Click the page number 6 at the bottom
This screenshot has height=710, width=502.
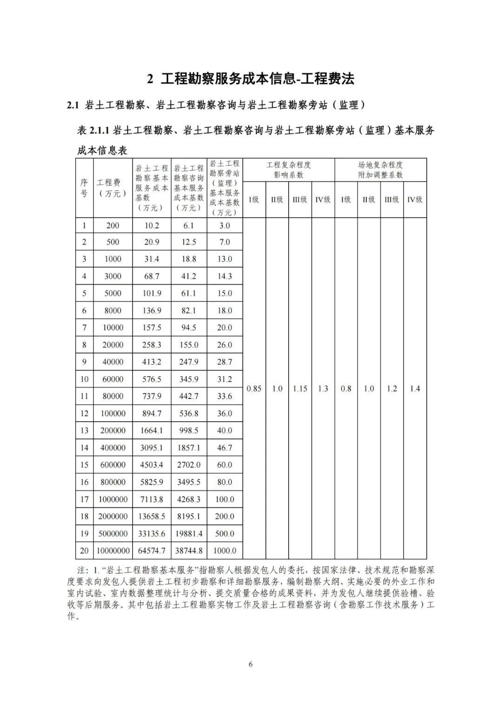pyautogui.click(x=251, y=664)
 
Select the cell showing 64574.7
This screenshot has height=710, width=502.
pyautogui.click(x=152, y=551)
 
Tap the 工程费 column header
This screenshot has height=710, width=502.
pyautogui.click(x=112, y=188)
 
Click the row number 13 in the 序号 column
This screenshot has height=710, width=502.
pyautogui.click(x=84, y=431)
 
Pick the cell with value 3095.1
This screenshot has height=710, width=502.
pyautogui.click(x=152, y=448)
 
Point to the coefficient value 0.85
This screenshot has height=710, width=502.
pyautogui.click(x=254, y=389)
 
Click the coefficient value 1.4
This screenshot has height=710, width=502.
pyautogui.click(x=415, y=389)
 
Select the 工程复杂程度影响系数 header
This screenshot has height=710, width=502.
pyautogui.click(x=288, y=170)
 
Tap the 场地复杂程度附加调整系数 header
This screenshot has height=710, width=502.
pyautogui.click(x=380, y=170)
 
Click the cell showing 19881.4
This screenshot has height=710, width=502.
pyautogui.click(x=189, y=534)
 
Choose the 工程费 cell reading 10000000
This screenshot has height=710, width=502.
pyautogui.click(x=113, y=551)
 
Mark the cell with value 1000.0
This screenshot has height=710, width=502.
pyautogui.click(x=225, y=551)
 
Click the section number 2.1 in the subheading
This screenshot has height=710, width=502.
pyautogui.click(x=74, y=106)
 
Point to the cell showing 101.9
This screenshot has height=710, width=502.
pyautogui.click(x=152, y=293)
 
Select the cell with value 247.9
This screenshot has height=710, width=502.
pyautogui.click(x=189, y=362)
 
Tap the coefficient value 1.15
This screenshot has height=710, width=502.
pyautogui.click(x=300, y=389)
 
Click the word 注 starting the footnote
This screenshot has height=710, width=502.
pyautogui.click(x=81, y=570)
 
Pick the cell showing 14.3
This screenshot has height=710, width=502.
pyautogui.click(x=225, y=276)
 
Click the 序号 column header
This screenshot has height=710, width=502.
pyautogui.click(x=84, y=188)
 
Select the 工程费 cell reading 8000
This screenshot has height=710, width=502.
pyautogui.click(x=113, y=311)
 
